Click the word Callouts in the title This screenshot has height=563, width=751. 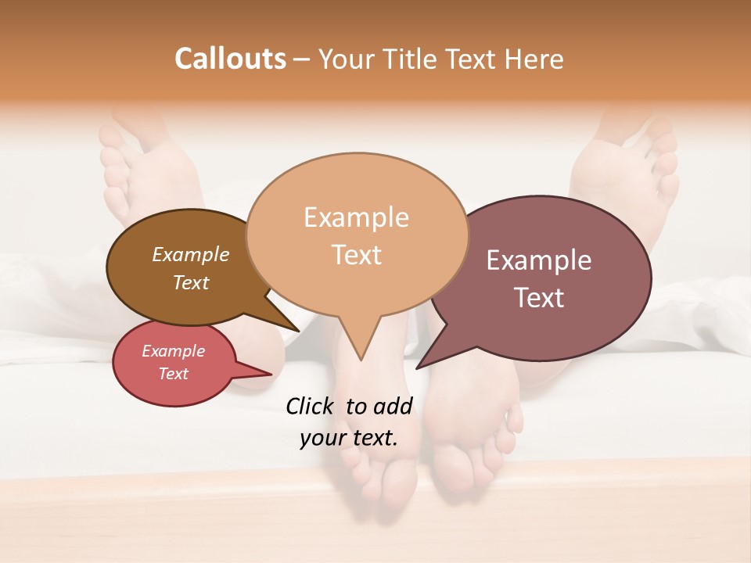(230, 59)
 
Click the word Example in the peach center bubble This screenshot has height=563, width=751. (356, 217)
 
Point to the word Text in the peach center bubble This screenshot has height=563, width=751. (356, 254)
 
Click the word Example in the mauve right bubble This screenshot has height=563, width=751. (539, 260)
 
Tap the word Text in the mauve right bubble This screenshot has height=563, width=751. (539, 297)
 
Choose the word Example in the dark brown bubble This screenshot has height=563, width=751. (191, 254)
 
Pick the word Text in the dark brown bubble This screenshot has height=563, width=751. (191, 282)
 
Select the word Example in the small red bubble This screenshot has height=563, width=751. (174, 351)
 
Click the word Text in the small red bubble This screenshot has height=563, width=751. (174, 374)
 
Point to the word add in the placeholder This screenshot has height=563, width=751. (393, 406)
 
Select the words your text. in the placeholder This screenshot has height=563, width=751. (349, 438)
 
